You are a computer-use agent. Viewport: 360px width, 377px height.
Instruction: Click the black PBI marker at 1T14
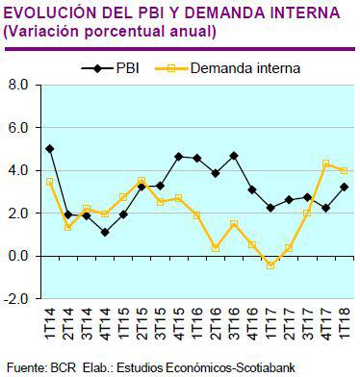(x=50, y=149)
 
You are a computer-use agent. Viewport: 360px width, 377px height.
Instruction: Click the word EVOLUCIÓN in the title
(x=49, y=13)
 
